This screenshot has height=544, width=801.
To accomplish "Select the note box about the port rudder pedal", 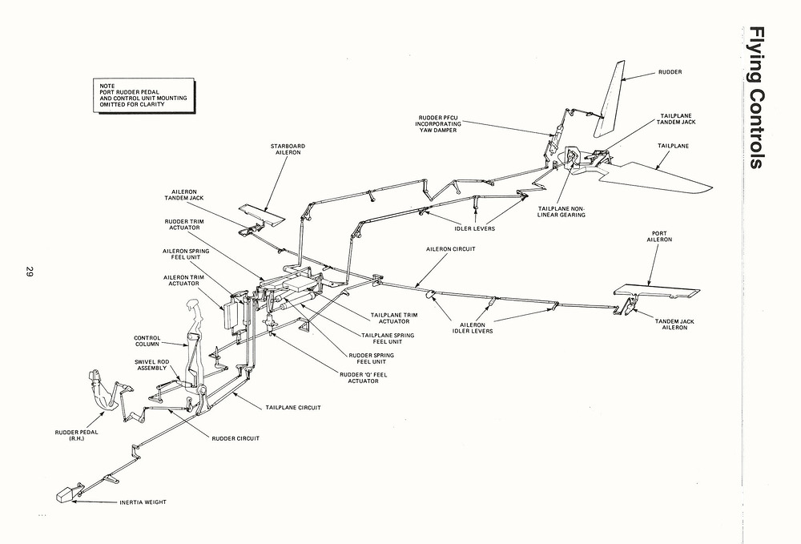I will click(x=143, y=94).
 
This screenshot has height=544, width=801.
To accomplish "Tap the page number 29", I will click(x=28, y=272).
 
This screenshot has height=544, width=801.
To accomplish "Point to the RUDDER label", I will click(x=670, y=72).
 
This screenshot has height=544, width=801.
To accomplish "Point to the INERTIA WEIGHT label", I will click(x=144, y=502).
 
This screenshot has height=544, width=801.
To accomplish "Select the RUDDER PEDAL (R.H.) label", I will click(x=76, y=436).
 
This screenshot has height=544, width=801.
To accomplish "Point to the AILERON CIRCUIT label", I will click(x=451, y=249).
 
